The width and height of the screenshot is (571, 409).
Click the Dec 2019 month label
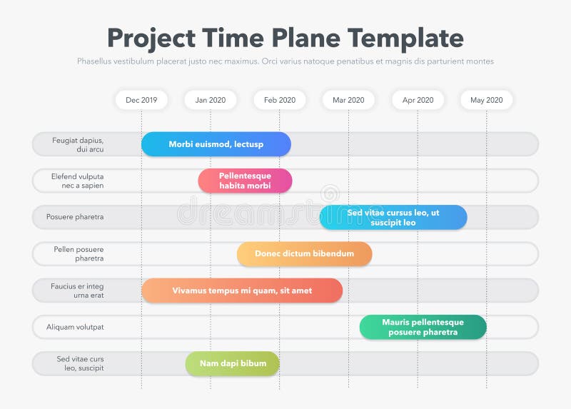[141, 100]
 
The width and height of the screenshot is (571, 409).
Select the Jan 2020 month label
[210, 100]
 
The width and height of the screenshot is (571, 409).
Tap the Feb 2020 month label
[279, 100]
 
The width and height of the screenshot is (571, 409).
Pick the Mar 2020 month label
[348, 100]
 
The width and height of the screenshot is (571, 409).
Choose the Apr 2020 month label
[418, 100]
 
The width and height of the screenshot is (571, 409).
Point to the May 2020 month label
[486, 100]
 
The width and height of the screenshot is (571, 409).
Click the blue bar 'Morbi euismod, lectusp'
[216, 144]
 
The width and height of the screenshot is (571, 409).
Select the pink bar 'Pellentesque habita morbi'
[245, 181]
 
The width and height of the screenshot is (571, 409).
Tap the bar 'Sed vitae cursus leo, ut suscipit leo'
[393, 218]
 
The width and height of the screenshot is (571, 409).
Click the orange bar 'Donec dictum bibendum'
[304, 254]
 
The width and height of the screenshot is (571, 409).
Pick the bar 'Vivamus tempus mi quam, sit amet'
[242, 291]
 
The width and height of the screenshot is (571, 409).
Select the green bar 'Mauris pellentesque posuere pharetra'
[423, 327]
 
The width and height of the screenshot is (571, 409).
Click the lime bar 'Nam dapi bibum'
[233, 364]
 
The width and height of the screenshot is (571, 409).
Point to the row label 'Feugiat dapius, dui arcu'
[78, 145]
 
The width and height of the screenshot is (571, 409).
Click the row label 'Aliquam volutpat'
[75, 327]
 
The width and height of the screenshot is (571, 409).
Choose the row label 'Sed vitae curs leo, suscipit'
[80, 364]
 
